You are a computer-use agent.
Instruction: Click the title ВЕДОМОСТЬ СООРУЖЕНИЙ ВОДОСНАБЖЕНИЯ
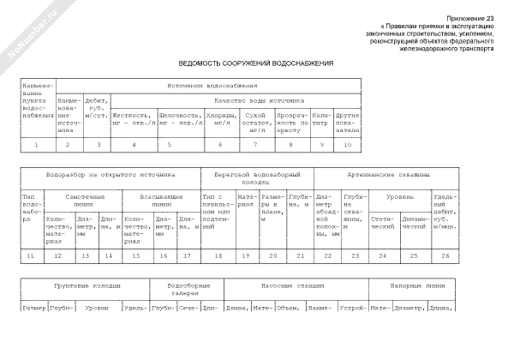256,63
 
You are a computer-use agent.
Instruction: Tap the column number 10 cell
347,144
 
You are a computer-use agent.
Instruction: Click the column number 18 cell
217,255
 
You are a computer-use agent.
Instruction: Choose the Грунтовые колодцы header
86,284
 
